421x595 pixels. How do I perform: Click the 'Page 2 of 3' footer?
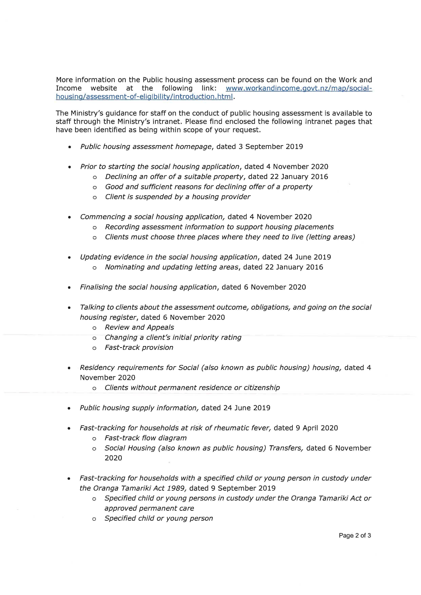click(x=355, y=535)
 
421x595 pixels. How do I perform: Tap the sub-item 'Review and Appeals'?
click(x=139, y=327)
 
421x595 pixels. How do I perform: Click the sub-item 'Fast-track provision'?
click(x=139, y=348)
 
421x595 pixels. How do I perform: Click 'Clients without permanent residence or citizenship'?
click(x=192, y=388)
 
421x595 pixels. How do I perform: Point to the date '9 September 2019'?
click(x=243, y=488)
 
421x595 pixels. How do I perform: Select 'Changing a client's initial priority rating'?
click(x=173, y=337)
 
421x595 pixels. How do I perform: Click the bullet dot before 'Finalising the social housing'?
click(x=69, y=287)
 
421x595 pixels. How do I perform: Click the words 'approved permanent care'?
click(x=149, y=508)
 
